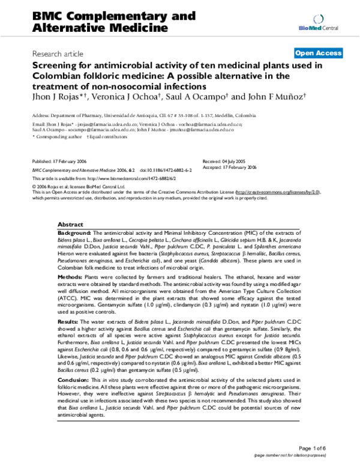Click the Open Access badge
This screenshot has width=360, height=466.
[x=322, y=53]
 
